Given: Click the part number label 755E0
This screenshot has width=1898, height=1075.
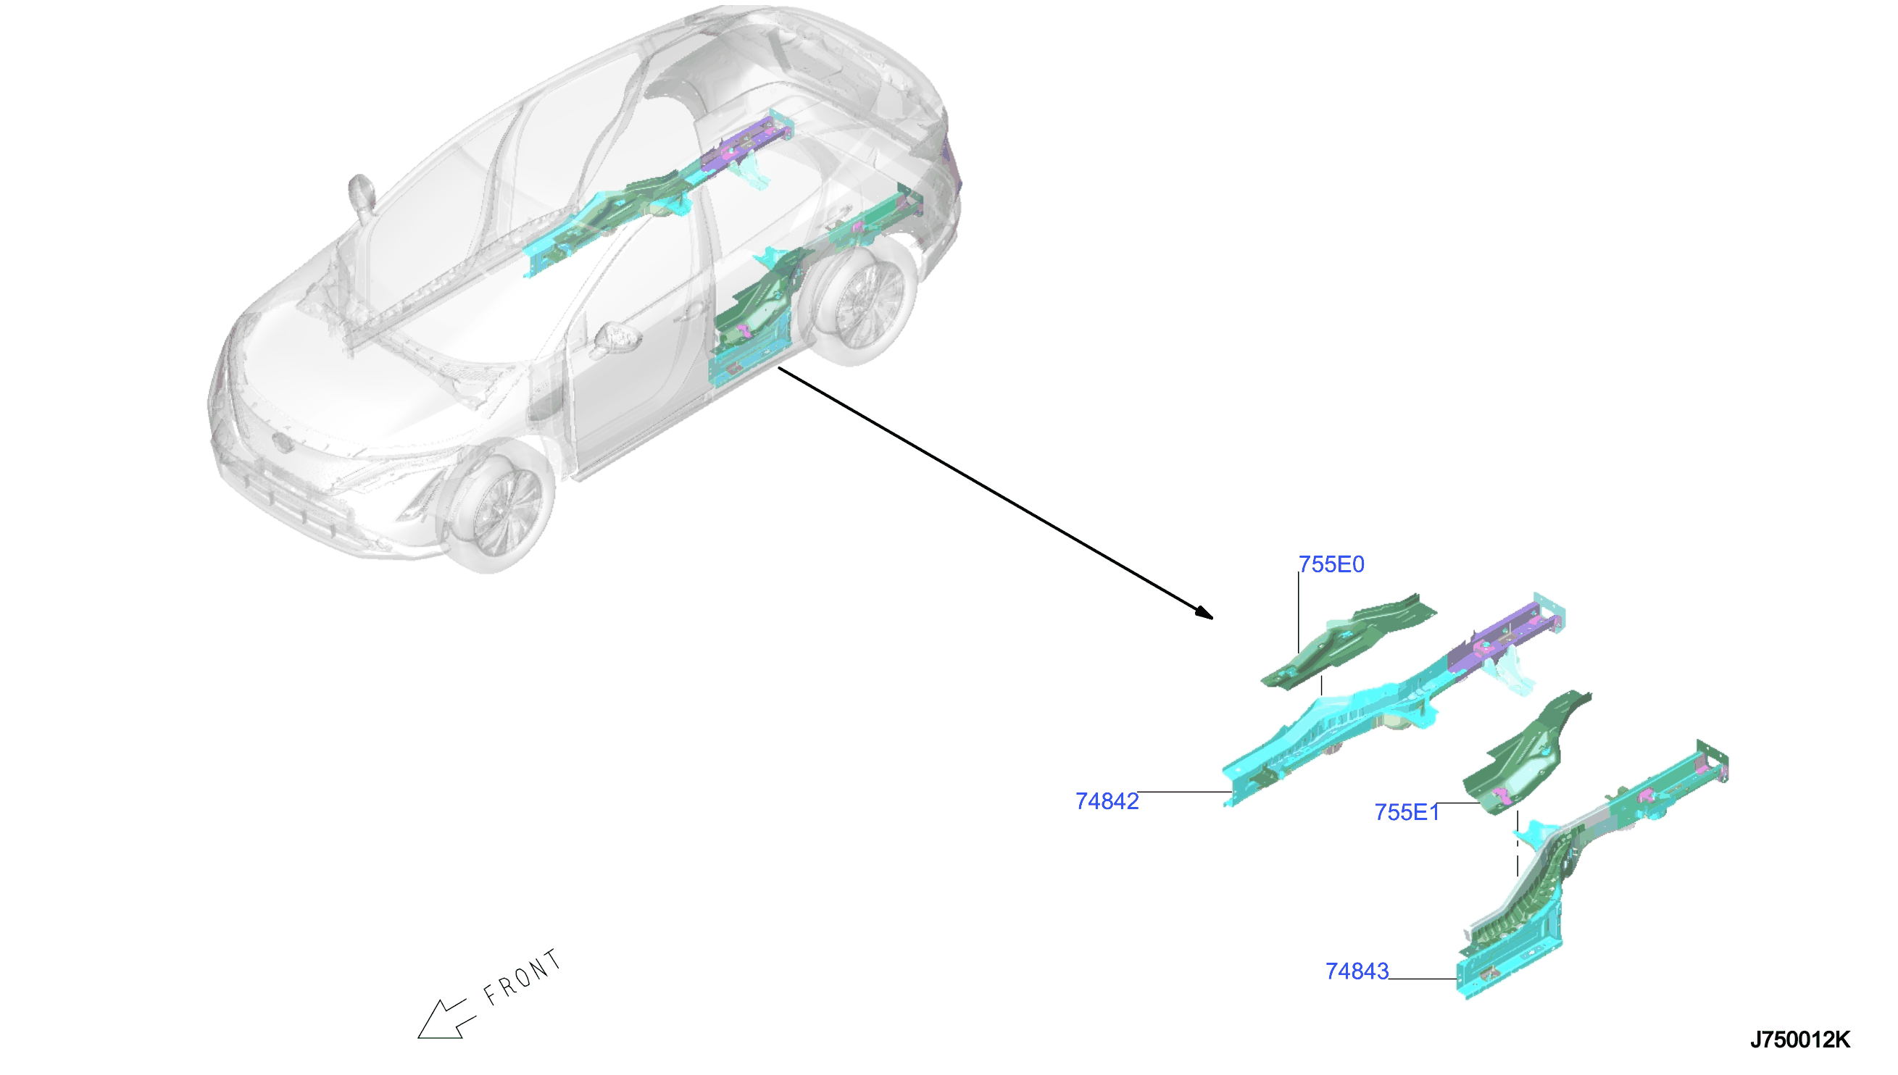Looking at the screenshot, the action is [x=1331, y=564].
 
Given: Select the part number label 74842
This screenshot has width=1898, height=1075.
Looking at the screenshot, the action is [x=1107, y=801].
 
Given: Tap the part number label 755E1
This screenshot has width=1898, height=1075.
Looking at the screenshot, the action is [x=1406, y=812].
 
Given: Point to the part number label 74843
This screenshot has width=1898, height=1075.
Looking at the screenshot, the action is [x=1357, y=971].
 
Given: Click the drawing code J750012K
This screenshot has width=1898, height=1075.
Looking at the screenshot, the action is [x=1799, y=1040].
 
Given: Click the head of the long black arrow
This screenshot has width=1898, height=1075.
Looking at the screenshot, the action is [x=1204, y=612].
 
